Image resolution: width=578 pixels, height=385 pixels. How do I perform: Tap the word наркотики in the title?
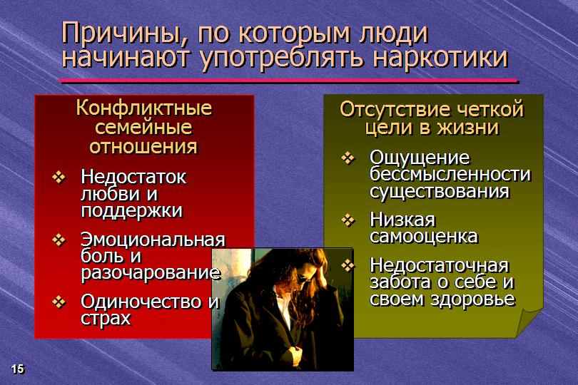click(440, 58)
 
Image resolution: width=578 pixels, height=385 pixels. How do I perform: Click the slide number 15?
click(17, 369)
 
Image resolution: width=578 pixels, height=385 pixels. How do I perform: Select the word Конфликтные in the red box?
click(144, 108)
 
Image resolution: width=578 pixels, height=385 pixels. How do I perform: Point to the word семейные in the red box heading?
click(143, 127)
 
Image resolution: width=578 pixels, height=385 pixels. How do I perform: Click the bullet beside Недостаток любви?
click(59, 178)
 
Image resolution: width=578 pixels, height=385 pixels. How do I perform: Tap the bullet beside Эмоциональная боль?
click(59, 240)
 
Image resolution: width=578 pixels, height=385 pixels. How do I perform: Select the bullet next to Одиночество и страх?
click(59, 302)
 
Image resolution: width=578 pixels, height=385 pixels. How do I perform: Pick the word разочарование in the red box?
click(151, 273)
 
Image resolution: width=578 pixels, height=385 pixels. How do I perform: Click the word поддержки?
click(131, 211)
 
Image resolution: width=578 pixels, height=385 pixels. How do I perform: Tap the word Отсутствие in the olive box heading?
click(395, 109)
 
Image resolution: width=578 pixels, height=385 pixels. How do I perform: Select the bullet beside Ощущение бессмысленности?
click(348, 158)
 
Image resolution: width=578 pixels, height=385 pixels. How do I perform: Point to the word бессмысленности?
click(450, 174)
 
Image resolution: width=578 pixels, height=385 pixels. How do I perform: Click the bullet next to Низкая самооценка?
click(348, 220)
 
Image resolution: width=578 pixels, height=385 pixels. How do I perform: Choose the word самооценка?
click(424, 237)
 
